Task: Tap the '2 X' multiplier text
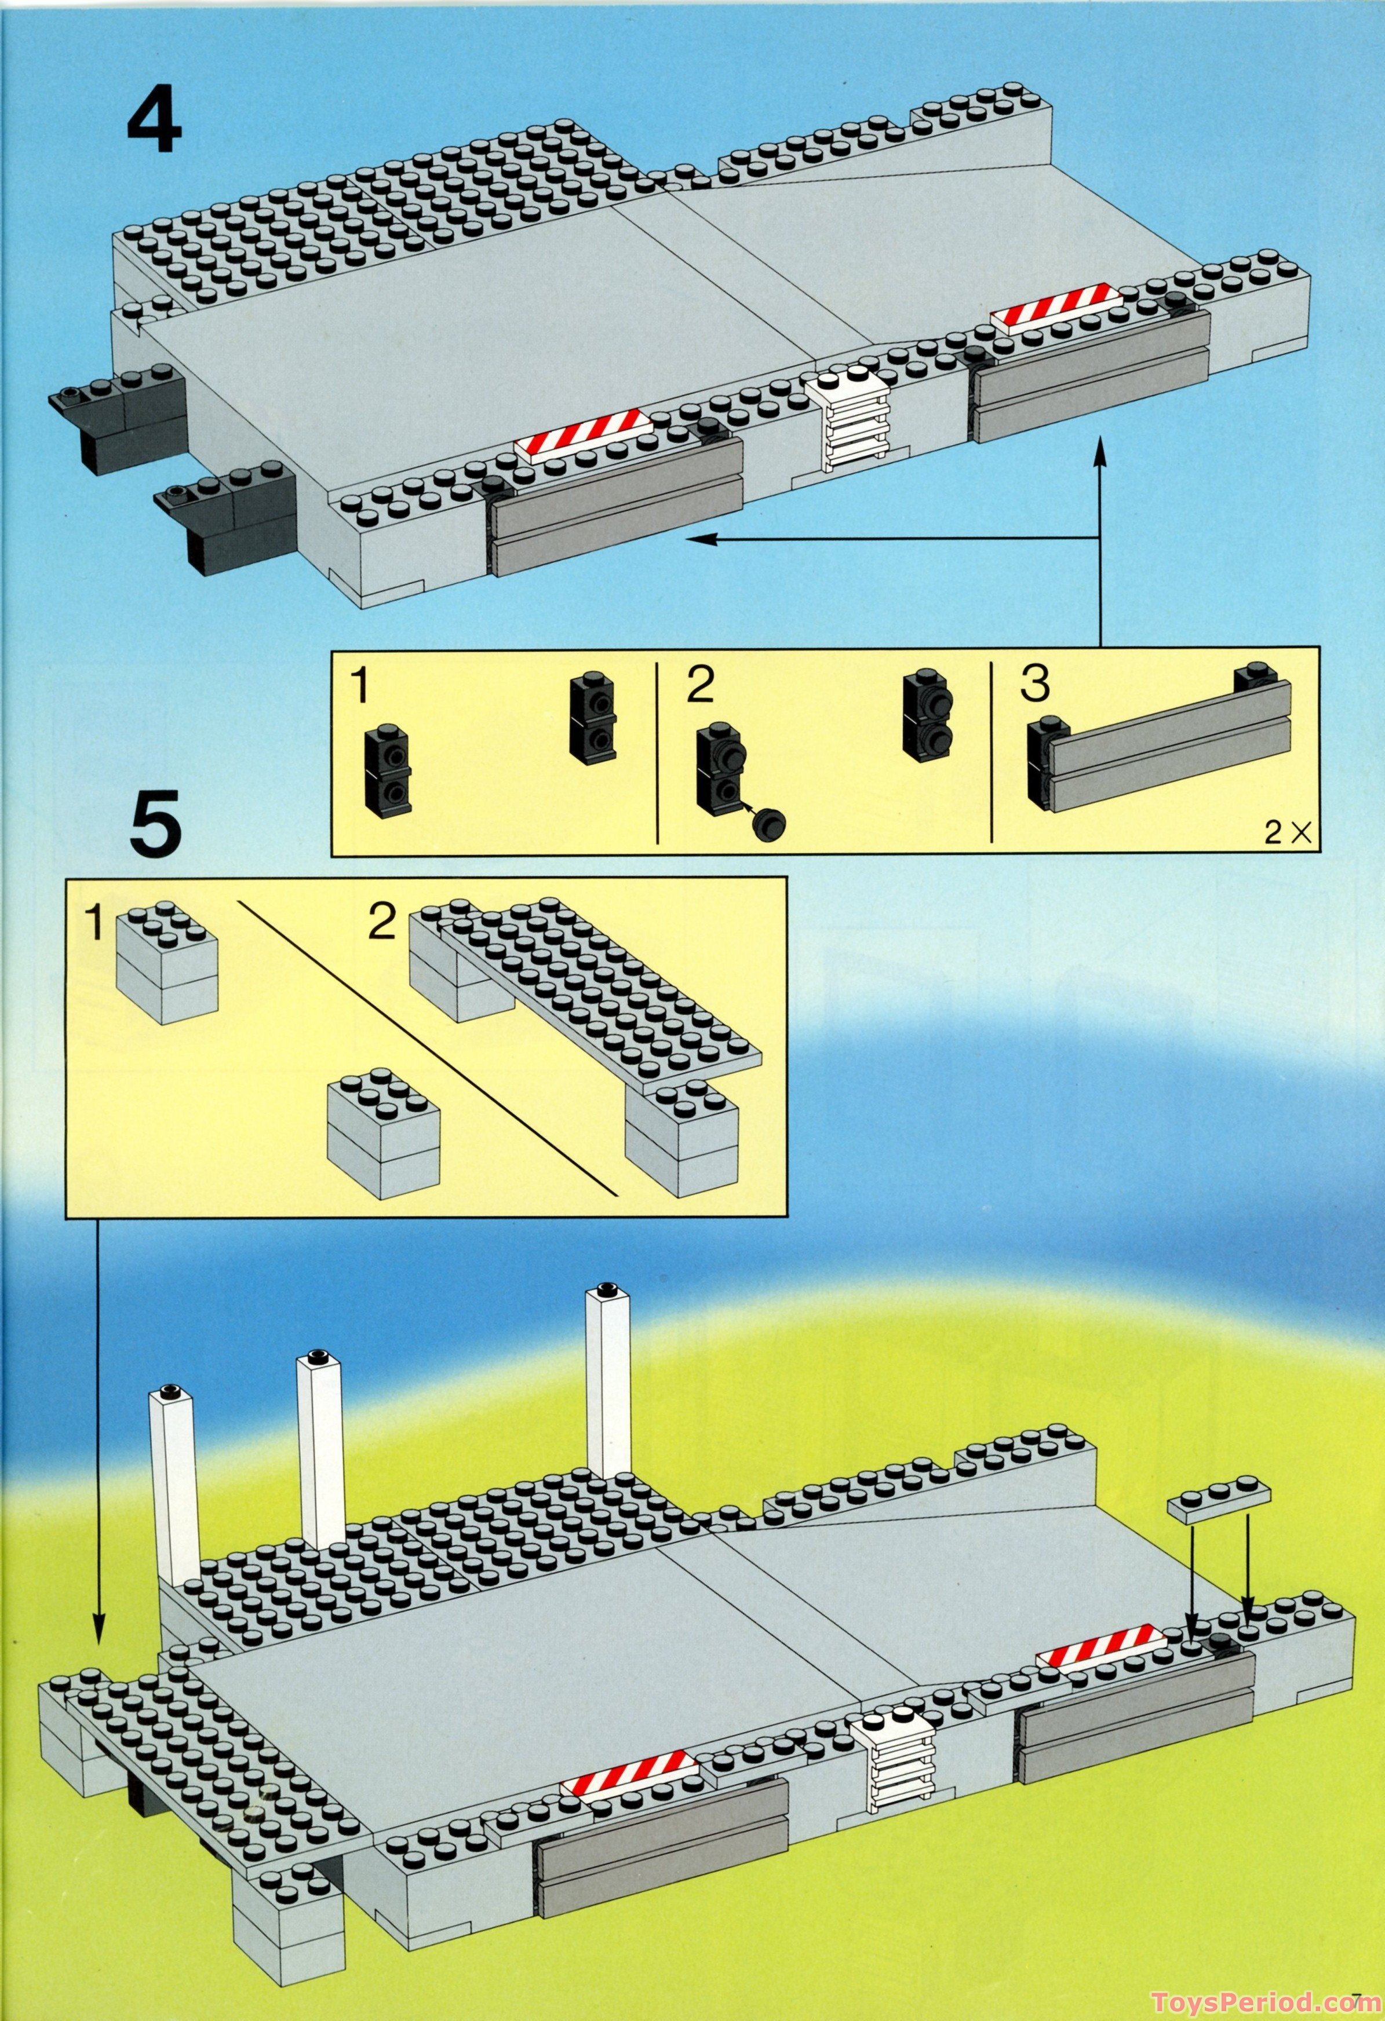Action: (1288, 833)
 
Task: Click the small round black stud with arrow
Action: (768, 823)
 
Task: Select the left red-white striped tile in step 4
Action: (583, 432)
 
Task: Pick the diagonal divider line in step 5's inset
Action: (427, 1048)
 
